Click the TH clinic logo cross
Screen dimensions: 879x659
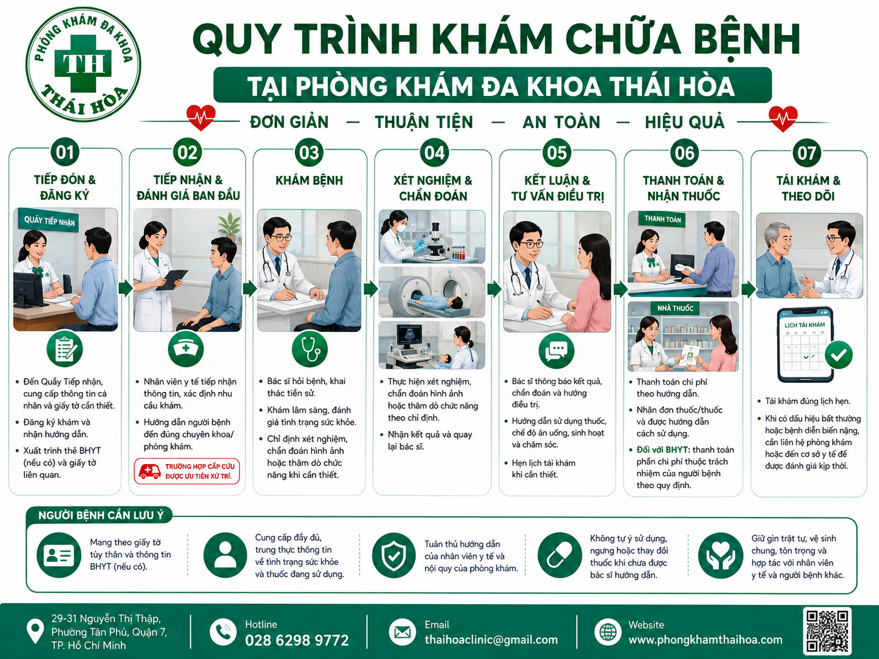pyautogui.click(x=83, y=64)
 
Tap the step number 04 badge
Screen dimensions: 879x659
pyautogui.click(x=434, y=153)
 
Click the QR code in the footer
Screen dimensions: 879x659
pyautogui.click(x=827, y=631)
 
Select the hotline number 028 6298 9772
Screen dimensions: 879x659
pyautogui.click(x=297, y=640)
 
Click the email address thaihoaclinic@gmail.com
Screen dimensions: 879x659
pyautogui.click(x=491, y=640)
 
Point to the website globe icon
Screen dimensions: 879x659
pyautogui.click(x=608, y=632)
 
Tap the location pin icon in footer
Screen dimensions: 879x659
pyautogui.click(x=35, y=631)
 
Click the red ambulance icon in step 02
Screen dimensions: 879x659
pyautogui.click(x=149, y=471)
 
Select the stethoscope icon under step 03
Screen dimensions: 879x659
pyautogui.click(x=310, y=350)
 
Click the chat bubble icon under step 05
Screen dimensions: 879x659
pyautogui.click(x=556, y=351)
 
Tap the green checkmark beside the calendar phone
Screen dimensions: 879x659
pyautogui.click(x=838, y=355)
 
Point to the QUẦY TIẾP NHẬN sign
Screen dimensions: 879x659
pyautogui.click(x=49, y=220)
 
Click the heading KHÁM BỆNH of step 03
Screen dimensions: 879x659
pyautogui.click(x=309, y=180)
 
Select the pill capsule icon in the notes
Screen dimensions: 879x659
pyautogui.click(x=560, y=555)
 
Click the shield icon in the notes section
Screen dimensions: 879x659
pyautogui.click(x=393, y=555)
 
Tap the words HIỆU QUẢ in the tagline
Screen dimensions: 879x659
pyautogui.click(x=684, y=122)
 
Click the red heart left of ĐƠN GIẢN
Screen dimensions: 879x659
pyautogui.click(x=201, y=117)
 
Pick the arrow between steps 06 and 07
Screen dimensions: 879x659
pyautogui.click(x=748, y=289)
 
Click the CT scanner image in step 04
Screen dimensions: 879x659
pyautogui.click(x=432, y=292)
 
